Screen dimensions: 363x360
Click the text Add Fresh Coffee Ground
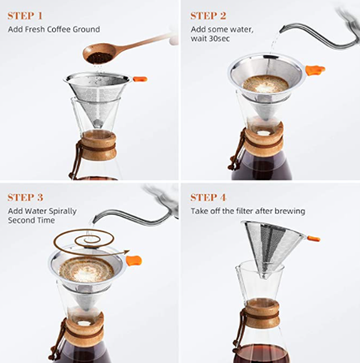(x=54, y=29)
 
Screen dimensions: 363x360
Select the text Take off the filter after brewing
(x=248, y=211)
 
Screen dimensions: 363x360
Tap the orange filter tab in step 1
(x=139, y=78)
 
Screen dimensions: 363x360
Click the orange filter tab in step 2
(x=315, y=69)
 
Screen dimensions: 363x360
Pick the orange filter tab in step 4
(x=313, y=239)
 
